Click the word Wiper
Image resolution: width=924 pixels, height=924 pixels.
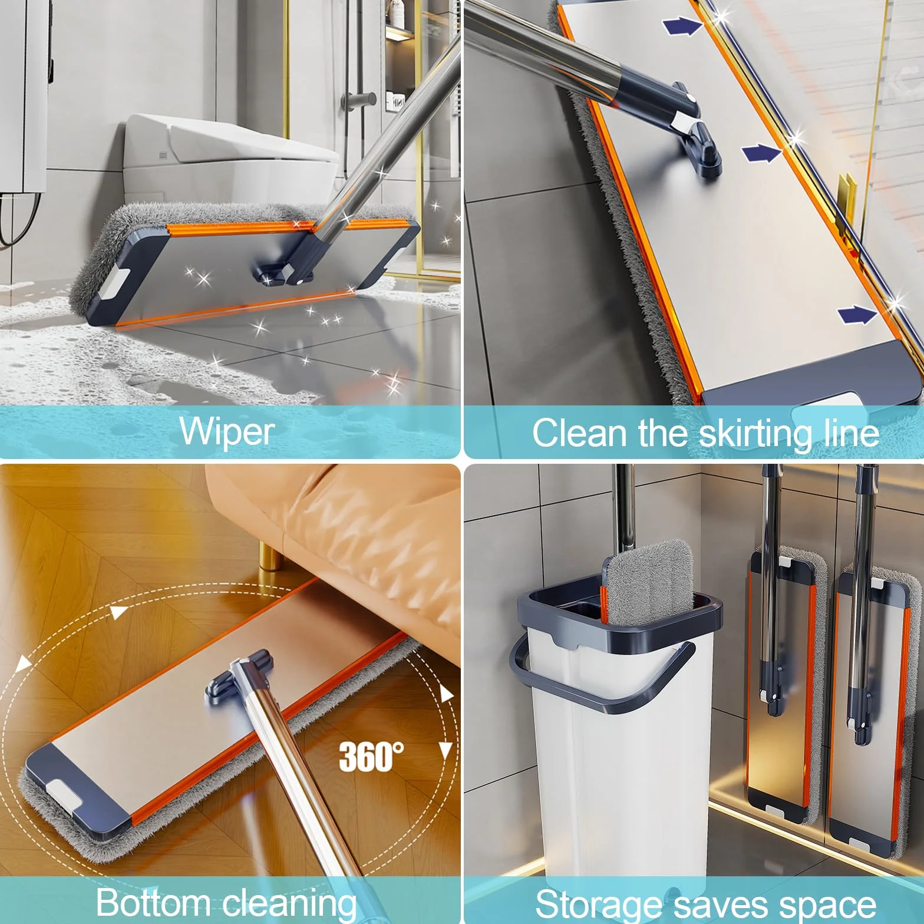pos(227,431)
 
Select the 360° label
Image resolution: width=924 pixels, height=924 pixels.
pos(371,756)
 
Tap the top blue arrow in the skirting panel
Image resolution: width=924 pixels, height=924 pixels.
pos(682,26)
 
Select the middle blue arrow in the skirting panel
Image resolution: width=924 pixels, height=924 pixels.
pos(761,153)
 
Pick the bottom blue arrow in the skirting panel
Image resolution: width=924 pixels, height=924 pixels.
pos(857,315)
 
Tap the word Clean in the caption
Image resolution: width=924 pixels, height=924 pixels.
pos(580,433)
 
